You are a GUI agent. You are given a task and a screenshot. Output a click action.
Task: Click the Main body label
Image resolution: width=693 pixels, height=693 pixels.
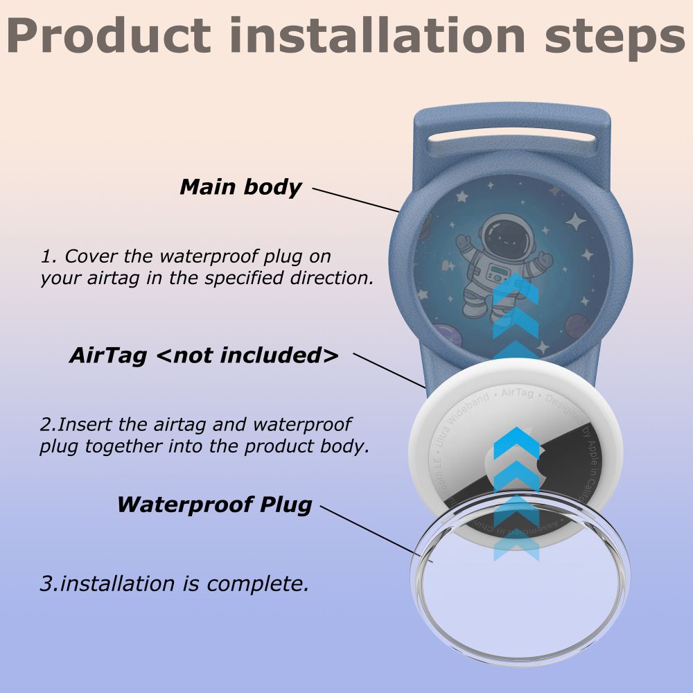pos(240,187)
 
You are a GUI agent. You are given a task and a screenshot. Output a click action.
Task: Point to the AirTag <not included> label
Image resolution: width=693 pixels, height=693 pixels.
pos(204,356)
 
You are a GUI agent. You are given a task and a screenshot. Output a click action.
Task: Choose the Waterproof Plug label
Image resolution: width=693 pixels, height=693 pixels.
pos(214,504)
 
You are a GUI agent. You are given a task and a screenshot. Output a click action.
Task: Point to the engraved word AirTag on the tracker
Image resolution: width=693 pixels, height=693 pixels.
pos(517,393)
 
